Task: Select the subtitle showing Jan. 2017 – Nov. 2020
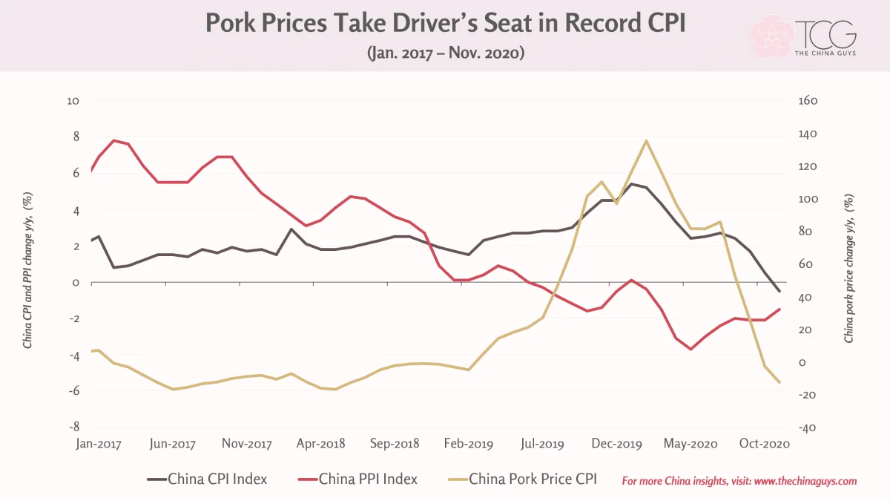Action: click(446, 53)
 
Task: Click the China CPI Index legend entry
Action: click(207, 479)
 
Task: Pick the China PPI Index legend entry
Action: click(357, 479)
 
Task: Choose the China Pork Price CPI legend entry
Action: click(522, 479)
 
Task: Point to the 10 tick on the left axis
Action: click(73, 101)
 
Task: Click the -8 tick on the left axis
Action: click(74, 427)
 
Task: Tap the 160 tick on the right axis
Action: click(808, 101)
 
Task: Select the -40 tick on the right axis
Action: click(807, 428)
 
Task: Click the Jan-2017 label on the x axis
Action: click(99, 444)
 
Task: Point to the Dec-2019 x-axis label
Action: click(616, 444)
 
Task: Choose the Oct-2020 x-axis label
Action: click(765, 444)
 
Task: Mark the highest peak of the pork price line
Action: click(647, 140)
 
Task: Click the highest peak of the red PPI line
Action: click(114, 140)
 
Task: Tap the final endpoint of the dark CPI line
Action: click(779, 291)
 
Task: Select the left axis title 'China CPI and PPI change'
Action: click(28, 270)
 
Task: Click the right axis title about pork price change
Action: click(848, 269)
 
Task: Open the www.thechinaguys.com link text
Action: click(805, 481)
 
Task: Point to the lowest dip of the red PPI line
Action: click(691, 349)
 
